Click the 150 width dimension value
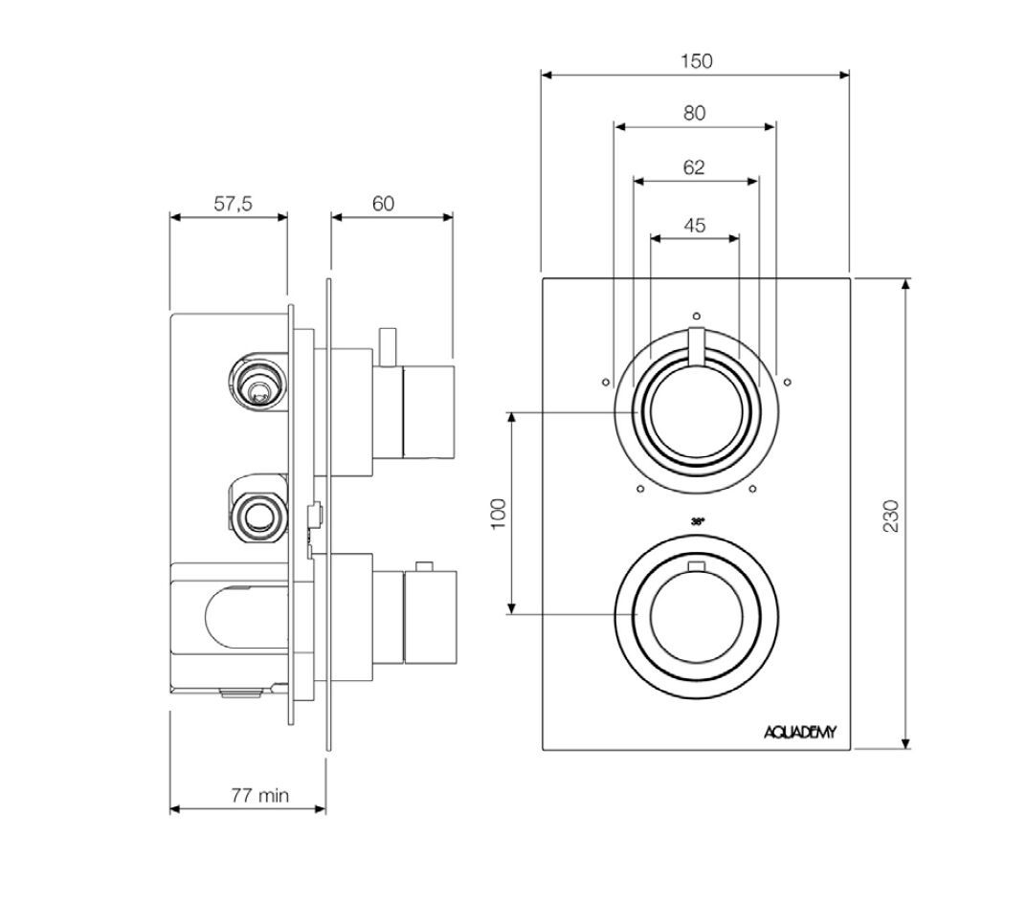point(696,61)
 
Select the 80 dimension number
point(694,113)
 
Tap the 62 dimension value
point(694,167)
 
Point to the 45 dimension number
point(695,226)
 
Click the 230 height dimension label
point(891,516)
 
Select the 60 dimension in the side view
point(383,204)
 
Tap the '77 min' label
point(258,795)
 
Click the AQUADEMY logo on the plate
point(800,733)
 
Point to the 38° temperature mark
point(697,521)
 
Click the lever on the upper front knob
point(696,346)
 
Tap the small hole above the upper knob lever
point(696,315)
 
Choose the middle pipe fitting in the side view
point(257,514)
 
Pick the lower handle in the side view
point(430,617)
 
